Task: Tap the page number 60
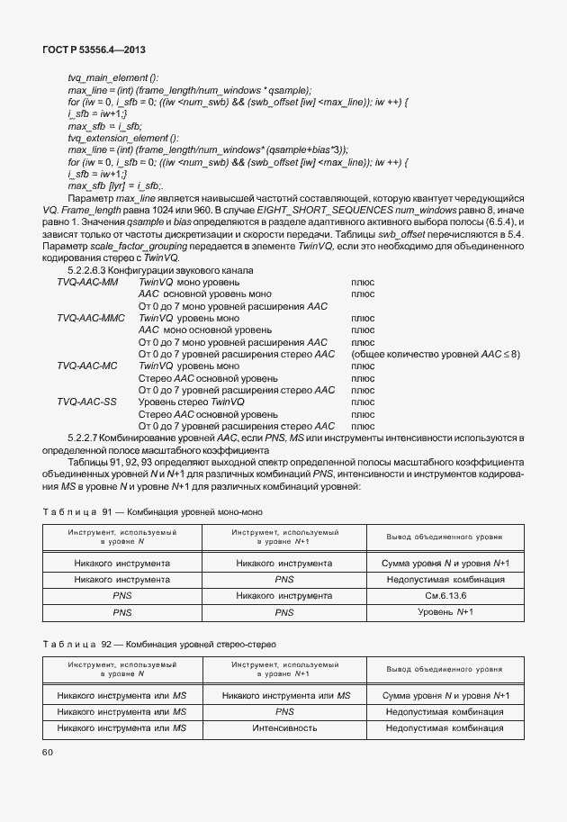point(48,752)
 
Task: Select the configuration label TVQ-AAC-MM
point(87,282)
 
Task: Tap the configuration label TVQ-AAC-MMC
point(91,318)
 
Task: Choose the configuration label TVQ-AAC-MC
point(87,366)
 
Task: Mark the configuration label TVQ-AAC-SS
point(86,402)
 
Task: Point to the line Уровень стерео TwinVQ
point(192,402)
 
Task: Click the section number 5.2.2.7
point(88,437)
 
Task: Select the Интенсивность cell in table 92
point(284,727)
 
